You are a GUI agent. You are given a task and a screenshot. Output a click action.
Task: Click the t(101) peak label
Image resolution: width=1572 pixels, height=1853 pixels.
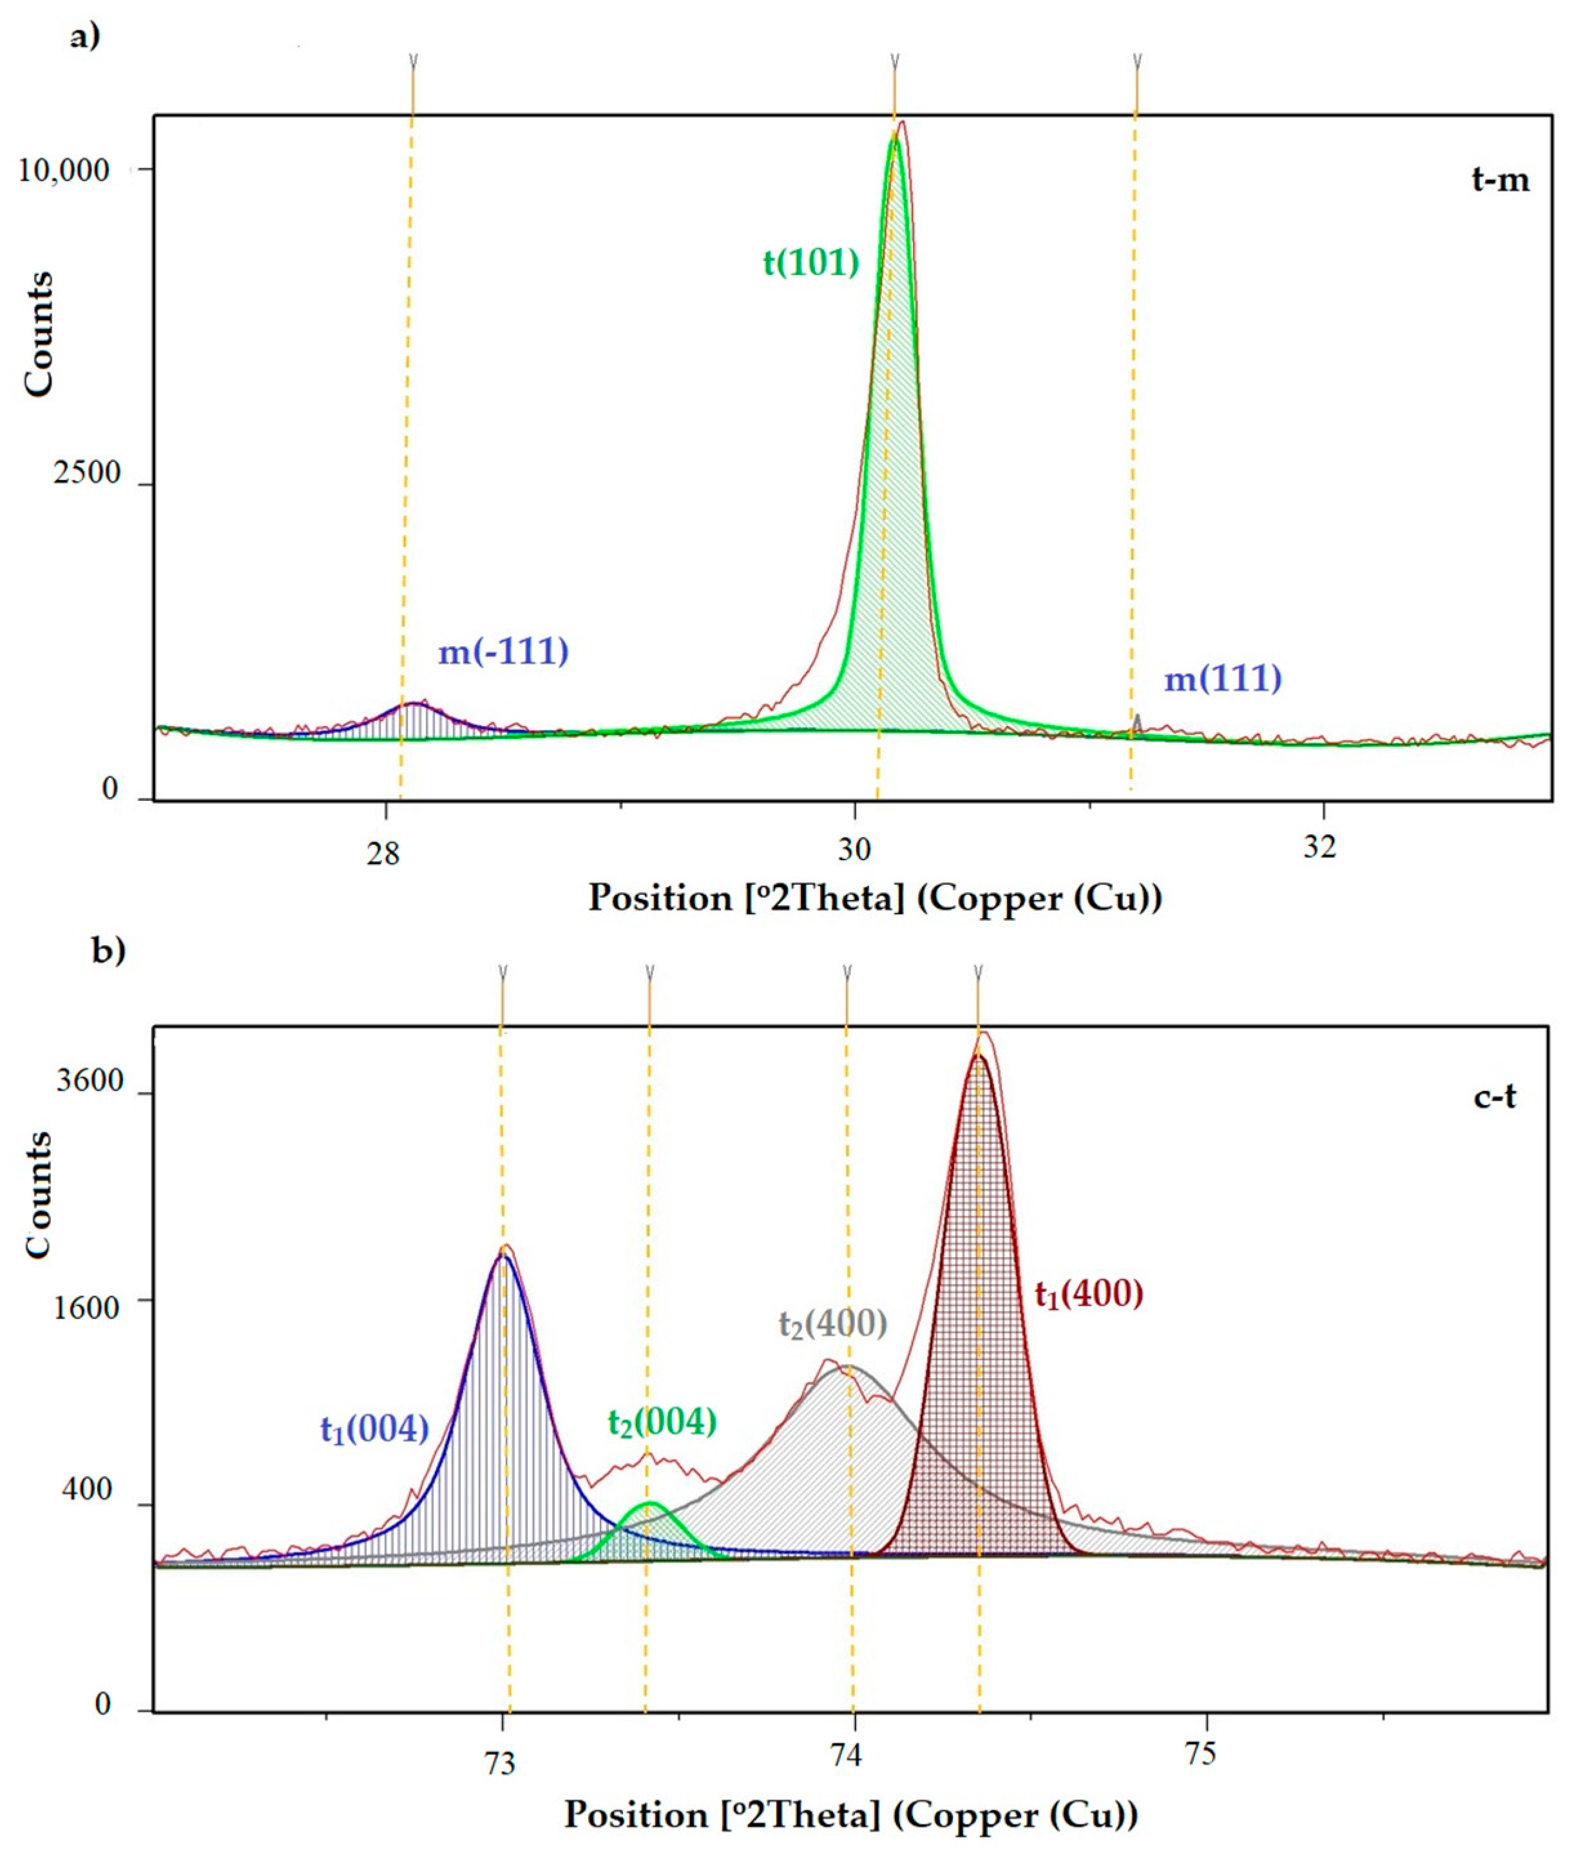point(811,263)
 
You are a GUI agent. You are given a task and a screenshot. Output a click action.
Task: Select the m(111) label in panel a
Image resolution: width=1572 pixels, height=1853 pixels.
point(1223,679)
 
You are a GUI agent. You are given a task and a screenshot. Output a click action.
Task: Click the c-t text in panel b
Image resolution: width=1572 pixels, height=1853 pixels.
point(1495,1097)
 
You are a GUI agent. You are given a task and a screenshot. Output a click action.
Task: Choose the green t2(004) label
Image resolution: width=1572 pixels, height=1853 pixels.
point(662,1421)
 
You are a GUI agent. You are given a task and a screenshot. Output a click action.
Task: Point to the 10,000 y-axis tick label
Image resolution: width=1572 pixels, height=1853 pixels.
point(64,169)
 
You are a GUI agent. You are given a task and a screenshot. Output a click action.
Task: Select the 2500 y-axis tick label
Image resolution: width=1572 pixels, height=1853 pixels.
point(86,472)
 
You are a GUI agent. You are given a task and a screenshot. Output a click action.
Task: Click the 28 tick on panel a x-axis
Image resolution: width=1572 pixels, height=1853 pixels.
point(383,851)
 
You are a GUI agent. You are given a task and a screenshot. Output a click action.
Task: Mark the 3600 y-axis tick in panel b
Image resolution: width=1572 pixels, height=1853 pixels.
point(89,1081)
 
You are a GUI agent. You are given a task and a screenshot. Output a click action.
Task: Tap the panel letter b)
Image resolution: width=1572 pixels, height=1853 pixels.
point(109,950)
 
